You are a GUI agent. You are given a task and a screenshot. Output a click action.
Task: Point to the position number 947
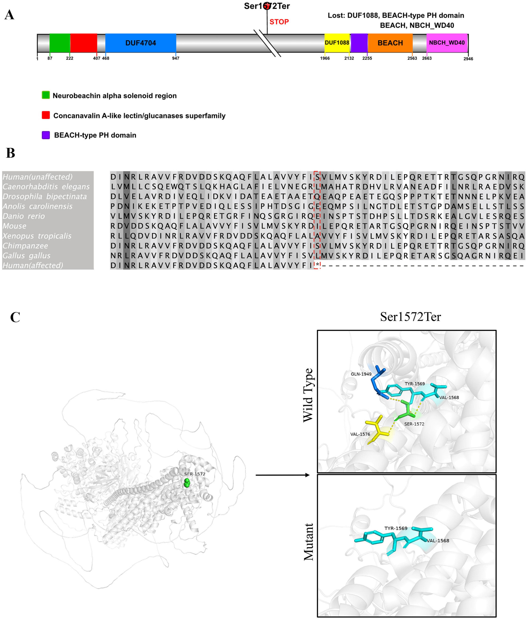click(176, 58)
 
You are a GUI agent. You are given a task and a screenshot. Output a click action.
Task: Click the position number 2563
click(412, 58)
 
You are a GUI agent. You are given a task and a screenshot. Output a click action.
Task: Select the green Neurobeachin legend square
click(46, 95)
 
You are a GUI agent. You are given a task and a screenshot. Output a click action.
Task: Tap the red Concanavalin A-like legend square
click(46, 115)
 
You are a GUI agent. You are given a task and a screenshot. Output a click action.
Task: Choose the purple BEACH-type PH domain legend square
click(46, 135)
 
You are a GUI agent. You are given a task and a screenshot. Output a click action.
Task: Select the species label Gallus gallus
click(26, 256)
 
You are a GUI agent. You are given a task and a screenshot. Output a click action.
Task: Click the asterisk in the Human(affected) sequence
click(317, 265)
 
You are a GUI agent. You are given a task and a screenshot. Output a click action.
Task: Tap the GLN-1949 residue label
click(361, 374)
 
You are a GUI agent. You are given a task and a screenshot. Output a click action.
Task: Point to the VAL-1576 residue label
click(360, 434)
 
